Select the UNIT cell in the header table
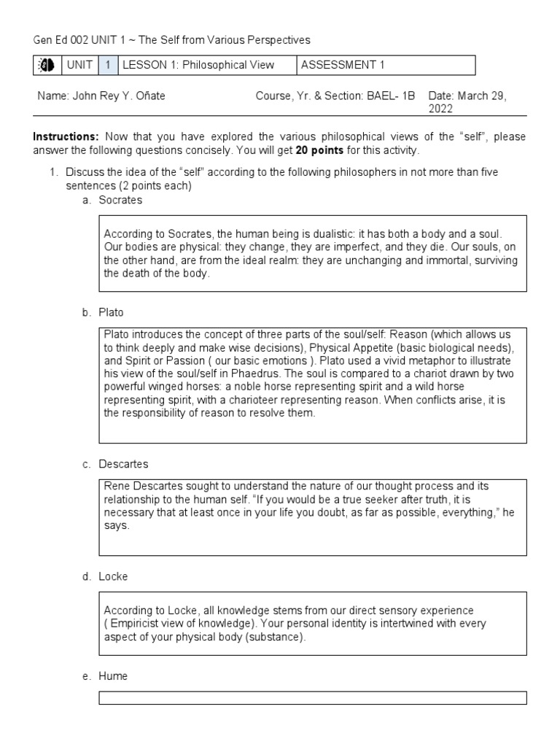[79, 66]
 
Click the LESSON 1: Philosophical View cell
[198, 66]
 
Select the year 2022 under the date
[440, 109]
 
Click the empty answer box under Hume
[313, 698]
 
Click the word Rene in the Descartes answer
[115, 487]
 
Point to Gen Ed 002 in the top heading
[60, 39]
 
